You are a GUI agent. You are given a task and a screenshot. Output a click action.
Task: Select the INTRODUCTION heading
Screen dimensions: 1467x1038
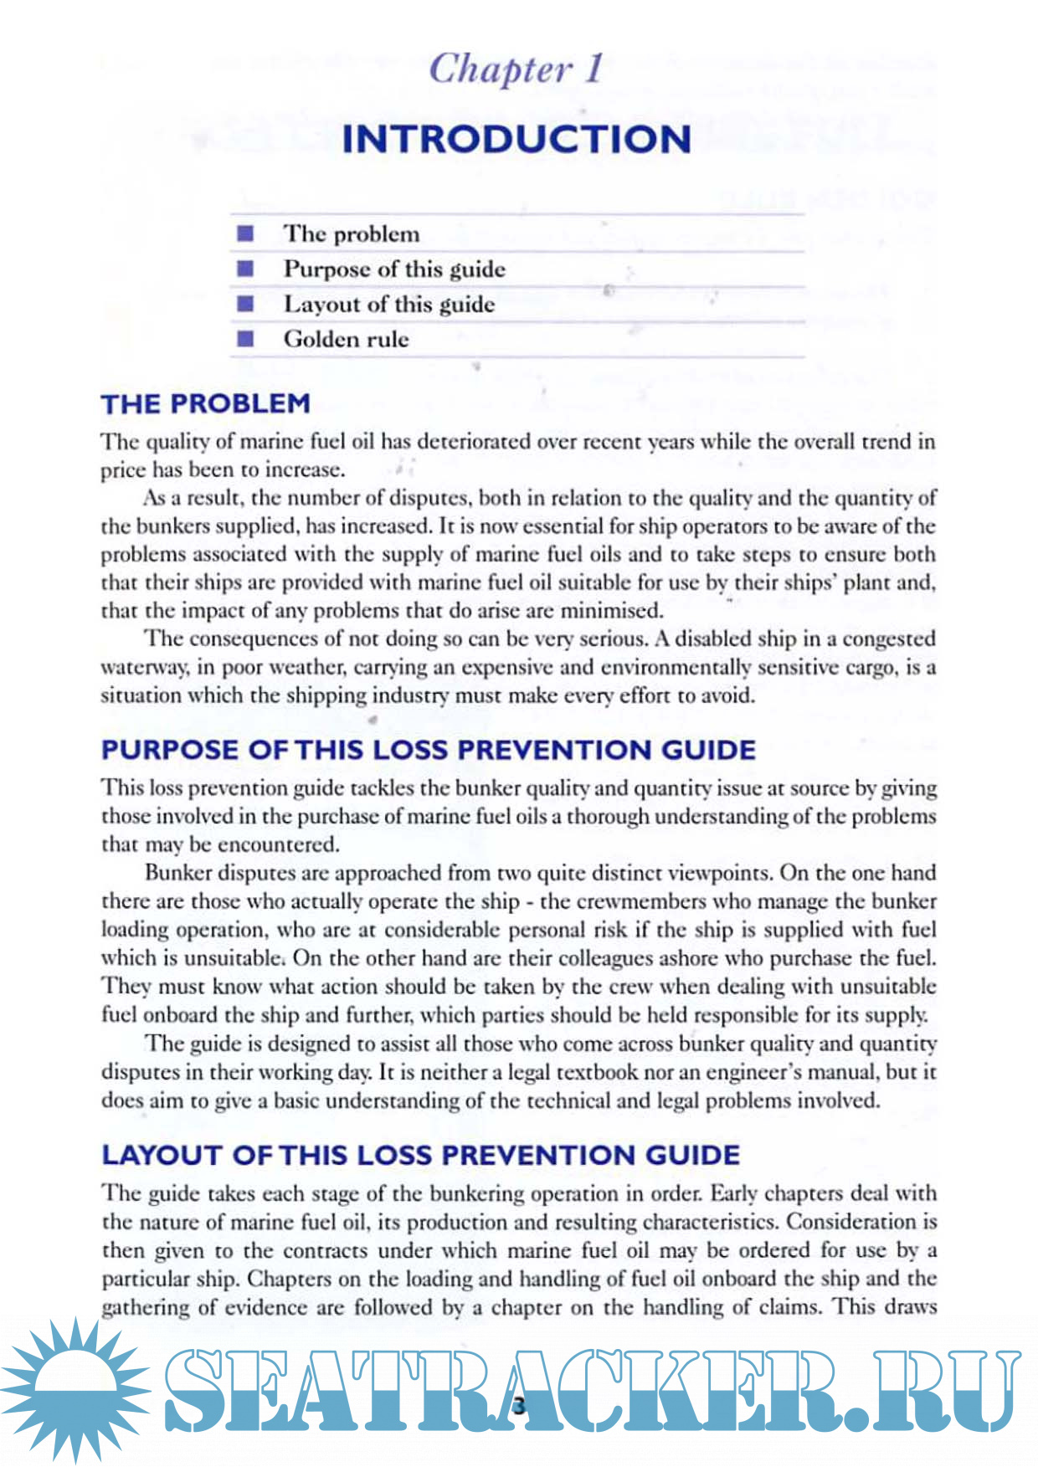coord(516,139)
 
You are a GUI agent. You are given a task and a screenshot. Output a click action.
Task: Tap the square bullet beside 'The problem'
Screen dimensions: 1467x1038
coord(245,233)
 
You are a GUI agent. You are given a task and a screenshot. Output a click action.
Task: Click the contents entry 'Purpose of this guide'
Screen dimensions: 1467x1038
coord(394,269)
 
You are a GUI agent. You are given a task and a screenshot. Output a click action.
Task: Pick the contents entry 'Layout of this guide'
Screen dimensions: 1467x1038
coord(389,304)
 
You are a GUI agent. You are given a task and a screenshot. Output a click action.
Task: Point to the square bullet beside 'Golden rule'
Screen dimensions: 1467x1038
coord(245,339)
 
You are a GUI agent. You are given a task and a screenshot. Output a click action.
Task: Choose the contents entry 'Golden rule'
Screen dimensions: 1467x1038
coord(346,339)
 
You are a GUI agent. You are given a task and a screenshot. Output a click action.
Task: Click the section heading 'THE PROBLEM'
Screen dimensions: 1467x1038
coord(205,404)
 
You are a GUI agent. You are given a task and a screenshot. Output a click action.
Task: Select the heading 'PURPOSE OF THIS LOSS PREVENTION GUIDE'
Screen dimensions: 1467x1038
coord(428,750)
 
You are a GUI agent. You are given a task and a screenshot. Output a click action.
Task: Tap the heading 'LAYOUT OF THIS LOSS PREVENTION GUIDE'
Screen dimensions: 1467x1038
coord(420,1156)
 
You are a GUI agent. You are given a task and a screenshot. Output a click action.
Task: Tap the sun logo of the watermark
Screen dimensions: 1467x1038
coord(75,1389)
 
